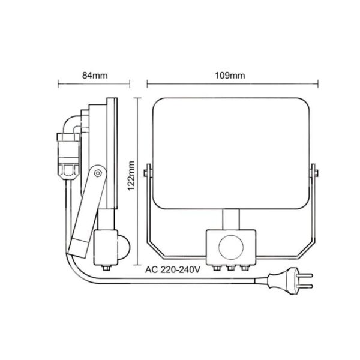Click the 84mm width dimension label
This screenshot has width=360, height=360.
95,76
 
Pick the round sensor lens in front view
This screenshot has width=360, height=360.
229,247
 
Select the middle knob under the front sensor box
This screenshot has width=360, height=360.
229,268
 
